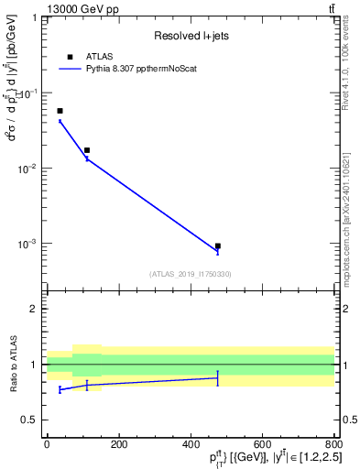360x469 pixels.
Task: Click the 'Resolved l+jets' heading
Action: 190,37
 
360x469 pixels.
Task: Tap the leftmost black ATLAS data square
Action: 60,111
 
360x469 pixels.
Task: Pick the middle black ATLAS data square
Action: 87,150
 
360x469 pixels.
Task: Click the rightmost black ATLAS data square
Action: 217,246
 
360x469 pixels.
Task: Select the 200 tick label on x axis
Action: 118,444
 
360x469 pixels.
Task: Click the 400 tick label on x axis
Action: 190,444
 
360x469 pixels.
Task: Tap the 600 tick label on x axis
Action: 261,444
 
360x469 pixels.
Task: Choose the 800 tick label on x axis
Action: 333,444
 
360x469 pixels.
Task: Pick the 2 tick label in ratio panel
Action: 34,310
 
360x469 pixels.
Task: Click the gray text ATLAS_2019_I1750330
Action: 190,274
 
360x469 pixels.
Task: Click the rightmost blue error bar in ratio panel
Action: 217,378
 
